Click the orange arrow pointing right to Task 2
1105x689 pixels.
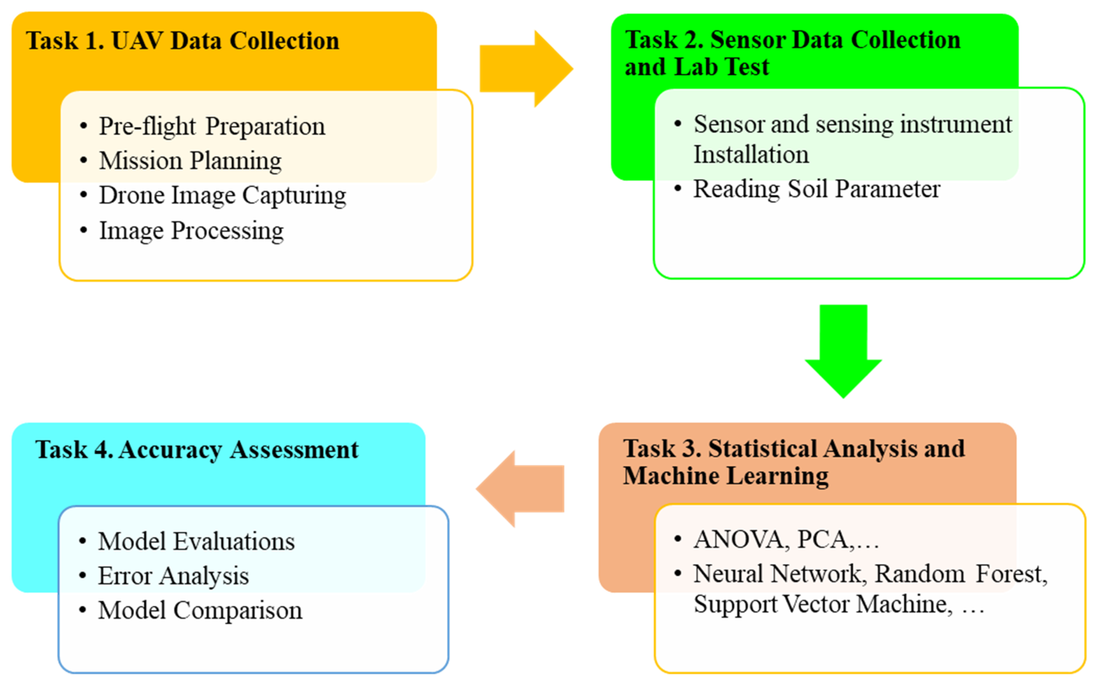tap(524, 69)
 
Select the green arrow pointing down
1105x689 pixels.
tap(843, 351)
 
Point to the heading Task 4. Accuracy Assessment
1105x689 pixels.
tap(197, 450)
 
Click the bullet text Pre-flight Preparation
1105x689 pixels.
tap(212, 126)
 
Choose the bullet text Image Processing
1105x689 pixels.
tap(191, 231)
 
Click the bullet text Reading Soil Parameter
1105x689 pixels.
tap(817, 189)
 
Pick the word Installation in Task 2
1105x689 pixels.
tap(751, 154)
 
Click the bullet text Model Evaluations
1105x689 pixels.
tap(196, 542)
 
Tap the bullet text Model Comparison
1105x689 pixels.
tap(200, 611)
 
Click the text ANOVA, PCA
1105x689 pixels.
tap(772, 540)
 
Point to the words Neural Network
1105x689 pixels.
tap(777, 574)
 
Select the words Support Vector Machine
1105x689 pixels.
tap(822, 605)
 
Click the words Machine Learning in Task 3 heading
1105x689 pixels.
tap(725, 476)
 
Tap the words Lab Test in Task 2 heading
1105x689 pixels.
tap(722, 67)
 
